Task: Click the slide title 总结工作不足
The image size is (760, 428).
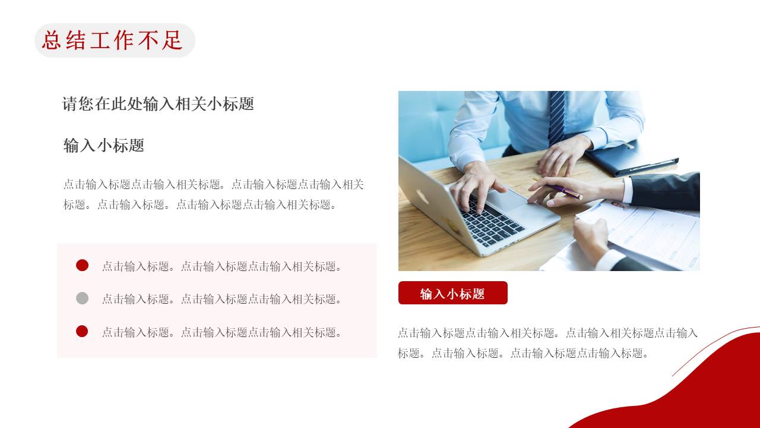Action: (x=113, y=40)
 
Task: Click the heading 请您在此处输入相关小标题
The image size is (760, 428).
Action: (x=158, y=104)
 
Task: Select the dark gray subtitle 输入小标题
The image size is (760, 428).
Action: (x=104, y=146)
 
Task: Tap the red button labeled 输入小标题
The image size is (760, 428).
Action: (x=452, y=293)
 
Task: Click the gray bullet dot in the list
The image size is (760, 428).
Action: (x=82, y=298)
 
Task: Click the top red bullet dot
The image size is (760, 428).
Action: (x=82, y=265)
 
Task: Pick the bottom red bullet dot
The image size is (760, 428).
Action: (x=82, y=331)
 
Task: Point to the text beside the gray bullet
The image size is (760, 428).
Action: (x=222, y=299)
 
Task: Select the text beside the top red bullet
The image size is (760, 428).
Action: (x=222, y=266)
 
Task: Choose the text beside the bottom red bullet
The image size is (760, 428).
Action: (x=222, y=332)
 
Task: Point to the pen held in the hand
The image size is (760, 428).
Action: (x=564, y=191)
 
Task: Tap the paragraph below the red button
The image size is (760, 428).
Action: (x=547, y=343)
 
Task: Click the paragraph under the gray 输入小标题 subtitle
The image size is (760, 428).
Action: (x=214, y=194)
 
